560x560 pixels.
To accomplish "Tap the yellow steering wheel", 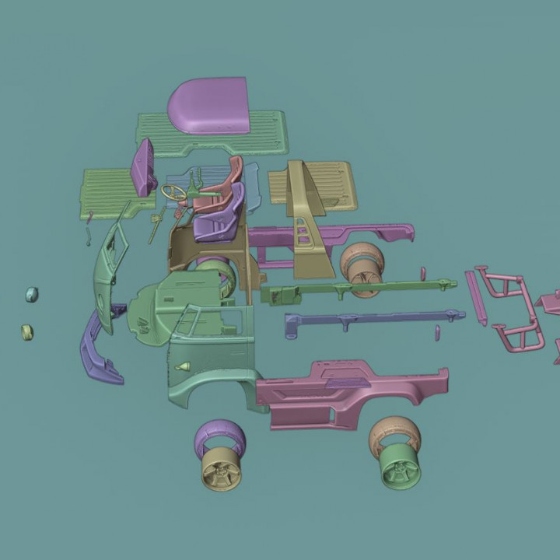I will [174, 191].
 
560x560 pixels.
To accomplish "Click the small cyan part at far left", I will [31, 294].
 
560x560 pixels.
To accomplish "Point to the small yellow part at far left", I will [27, 332].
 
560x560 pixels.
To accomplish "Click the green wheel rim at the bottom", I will [401, 469].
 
